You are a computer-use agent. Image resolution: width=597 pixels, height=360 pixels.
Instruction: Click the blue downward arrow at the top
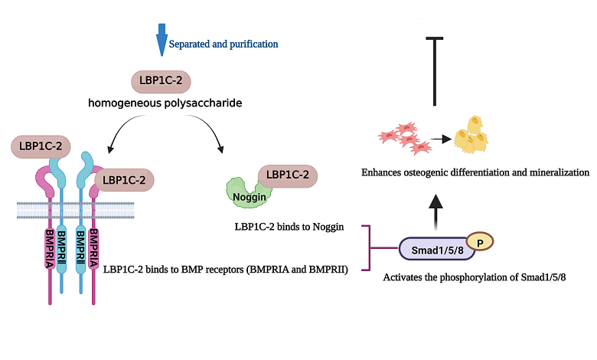tap(161, 40)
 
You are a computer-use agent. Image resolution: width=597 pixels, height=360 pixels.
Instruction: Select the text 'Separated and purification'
tap(223, 44)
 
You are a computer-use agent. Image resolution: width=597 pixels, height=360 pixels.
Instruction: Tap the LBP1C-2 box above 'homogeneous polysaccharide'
tap(161, 81)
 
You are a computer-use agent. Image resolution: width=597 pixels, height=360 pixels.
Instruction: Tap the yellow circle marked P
tap(480, 241)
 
